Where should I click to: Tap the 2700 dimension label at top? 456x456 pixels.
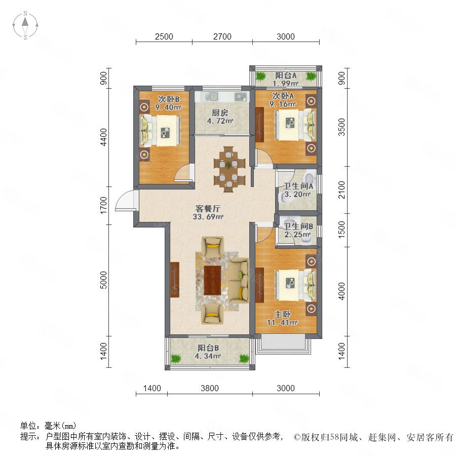(222, 36)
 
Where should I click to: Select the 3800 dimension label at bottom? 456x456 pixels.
(210, 388)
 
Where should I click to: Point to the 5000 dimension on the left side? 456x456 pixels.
(103, 280)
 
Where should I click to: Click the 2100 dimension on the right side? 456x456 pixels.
(341, 189)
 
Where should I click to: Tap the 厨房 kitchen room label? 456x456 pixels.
(220, 113)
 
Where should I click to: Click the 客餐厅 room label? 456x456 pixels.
(208, 209)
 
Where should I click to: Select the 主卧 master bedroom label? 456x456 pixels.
(282, 314)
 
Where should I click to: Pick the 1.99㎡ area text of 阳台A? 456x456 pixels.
(285, 84)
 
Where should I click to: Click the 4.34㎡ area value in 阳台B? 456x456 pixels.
(208, 356)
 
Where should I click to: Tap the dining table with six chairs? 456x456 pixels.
(230, 169)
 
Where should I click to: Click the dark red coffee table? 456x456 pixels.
(213, 280)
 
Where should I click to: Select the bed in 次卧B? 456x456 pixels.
(161, 130)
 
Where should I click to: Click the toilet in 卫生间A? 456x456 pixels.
(310, 178)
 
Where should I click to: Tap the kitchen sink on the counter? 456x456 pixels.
(214, 96)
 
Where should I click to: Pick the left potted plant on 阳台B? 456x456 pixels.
(175, 358)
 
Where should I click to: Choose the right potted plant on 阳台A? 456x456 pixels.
(311, 76)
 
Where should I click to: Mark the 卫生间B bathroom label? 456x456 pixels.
(298, 226)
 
